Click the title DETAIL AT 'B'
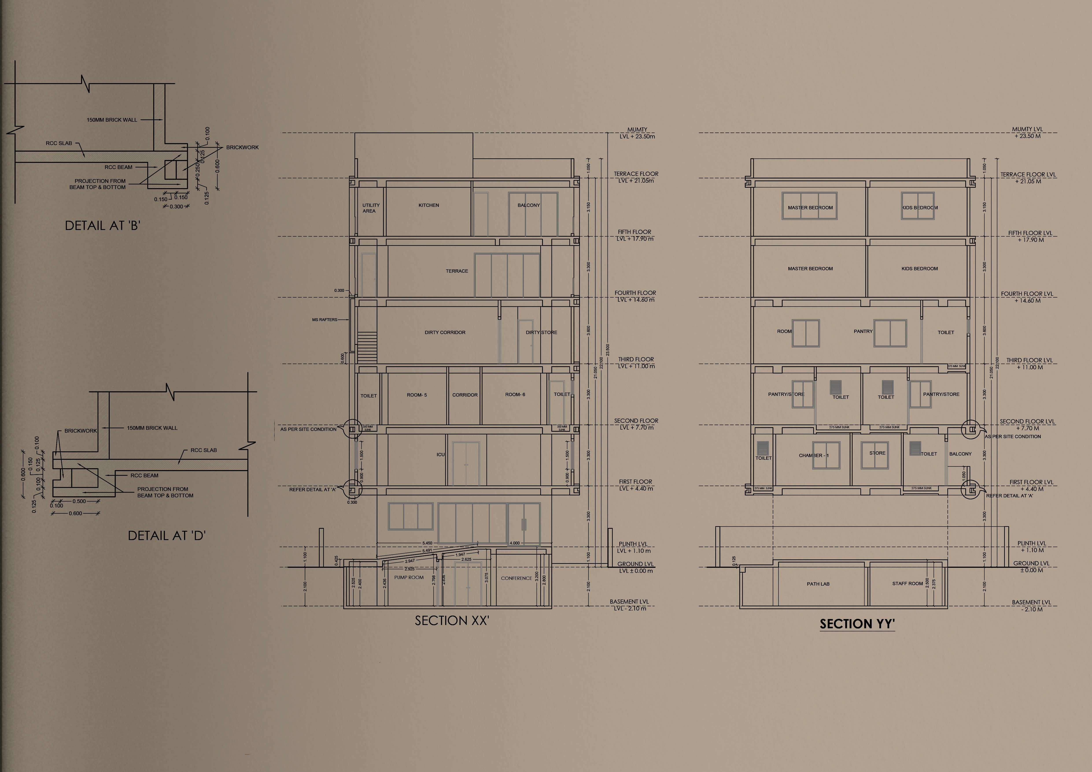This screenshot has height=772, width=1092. (x=103, y=225)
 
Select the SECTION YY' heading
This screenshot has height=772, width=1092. (x=857, y=624)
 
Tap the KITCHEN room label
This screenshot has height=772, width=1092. (x=428, y=205)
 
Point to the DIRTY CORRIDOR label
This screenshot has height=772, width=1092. (x=445, y=332)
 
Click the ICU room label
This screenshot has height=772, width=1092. (x=440, y=454)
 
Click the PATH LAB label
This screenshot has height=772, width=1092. (x=818, y=584)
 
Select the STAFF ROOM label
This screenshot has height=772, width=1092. (x=907, y=583)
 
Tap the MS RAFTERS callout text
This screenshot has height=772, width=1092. (x=324, y=320)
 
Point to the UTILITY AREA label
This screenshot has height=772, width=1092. (x=371, y=208)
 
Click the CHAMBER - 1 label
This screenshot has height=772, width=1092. (x=813, y=455)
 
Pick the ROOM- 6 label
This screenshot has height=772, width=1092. (x=515, y=395)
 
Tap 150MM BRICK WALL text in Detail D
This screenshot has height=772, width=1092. (x=152, y=428)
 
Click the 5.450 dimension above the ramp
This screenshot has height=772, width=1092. (x=427, y=543)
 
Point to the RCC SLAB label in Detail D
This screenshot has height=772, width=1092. (x=204, y=450)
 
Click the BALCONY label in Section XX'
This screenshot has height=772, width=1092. (x=528, y=205)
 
